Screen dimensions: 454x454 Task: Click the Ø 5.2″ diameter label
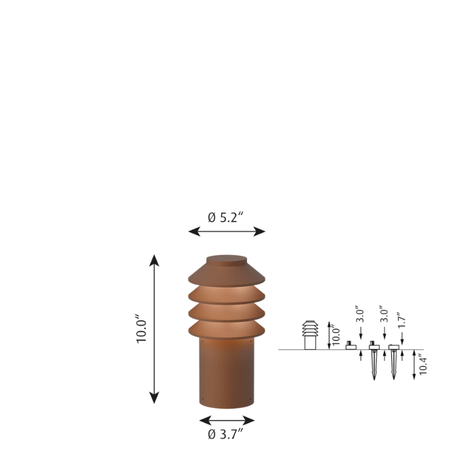tap(226, 218)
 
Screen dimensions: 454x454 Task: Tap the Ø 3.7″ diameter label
tap(226, 435)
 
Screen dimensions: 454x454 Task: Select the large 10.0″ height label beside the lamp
tap(141, 331)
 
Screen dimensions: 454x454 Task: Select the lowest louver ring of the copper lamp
tap(227, 330)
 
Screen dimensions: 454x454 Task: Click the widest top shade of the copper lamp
tap(227, 275)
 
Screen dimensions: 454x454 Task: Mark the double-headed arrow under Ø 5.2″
tap(226, 231)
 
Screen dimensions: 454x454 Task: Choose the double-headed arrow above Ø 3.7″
tap(226, 421)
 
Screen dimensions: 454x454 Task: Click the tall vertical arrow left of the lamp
tap(154, 330)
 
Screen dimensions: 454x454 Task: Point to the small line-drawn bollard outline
tap(310, 335)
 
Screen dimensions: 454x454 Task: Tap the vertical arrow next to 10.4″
tap(414, 365)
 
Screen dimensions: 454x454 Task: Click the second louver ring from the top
tap(227, 295)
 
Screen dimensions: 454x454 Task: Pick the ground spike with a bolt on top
tap(374, 360)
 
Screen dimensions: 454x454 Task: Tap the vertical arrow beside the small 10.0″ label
tap(329, 335)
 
